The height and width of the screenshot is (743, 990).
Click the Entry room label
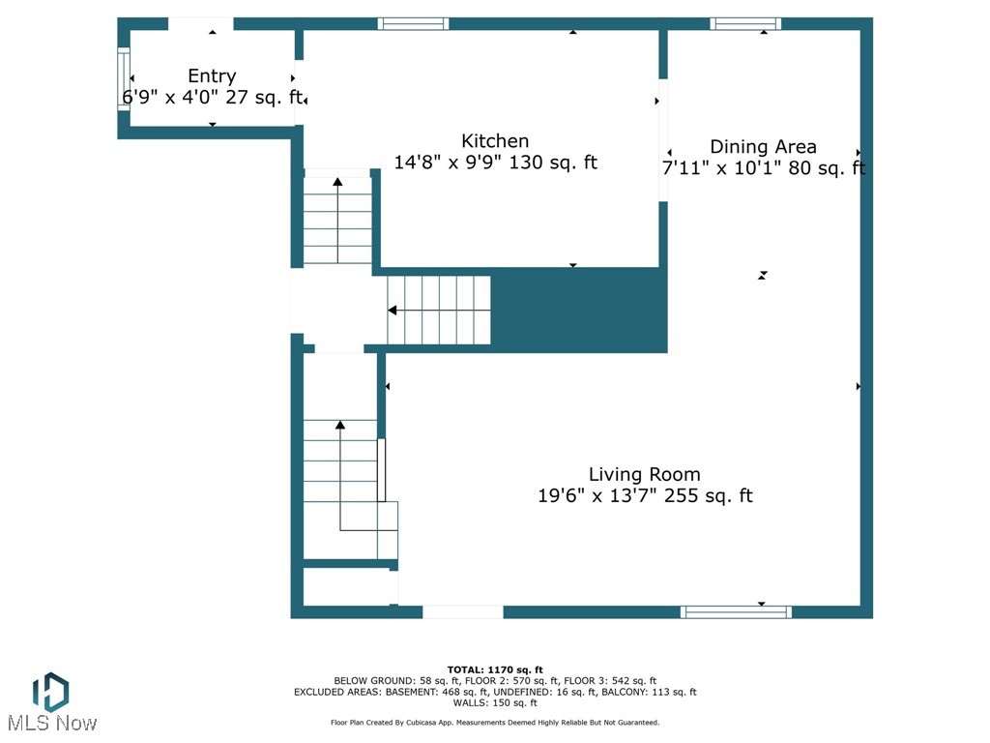point(211,76)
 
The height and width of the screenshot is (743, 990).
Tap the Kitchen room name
point(495,141)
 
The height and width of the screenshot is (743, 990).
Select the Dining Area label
point(763,147)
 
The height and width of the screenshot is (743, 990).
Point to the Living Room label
point(644,474)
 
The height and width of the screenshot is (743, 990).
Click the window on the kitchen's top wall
point(413,24)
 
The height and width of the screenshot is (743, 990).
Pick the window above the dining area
point(745,24)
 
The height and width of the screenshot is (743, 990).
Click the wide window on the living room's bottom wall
point(736,611)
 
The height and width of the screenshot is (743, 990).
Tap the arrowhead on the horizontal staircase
point(393,311)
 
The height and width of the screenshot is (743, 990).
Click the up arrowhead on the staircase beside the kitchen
point(337,182)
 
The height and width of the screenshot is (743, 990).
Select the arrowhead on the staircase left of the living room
point(340,425)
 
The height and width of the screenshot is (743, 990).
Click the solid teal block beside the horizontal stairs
point(578,310)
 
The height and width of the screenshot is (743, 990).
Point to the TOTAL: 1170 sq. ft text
point(495,669)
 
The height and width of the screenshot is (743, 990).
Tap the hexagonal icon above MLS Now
point(50,692)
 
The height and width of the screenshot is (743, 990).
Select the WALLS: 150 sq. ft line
point(495,702)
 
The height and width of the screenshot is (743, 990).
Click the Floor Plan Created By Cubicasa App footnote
point(495,723)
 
